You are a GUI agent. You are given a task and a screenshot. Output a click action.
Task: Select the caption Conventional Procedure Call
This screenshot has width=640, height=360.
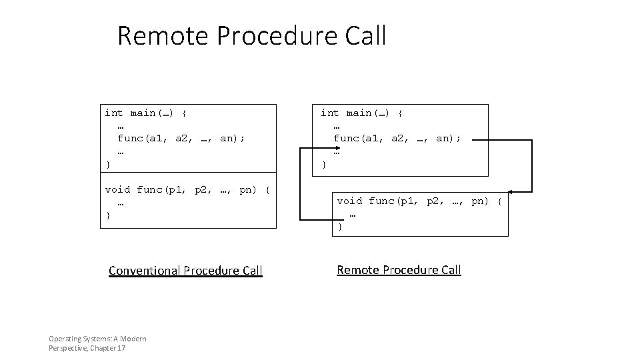[185, 271]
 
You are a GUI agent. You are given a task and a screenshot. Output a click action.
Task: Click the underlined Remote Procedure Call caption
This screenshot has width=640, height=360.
[399, 270]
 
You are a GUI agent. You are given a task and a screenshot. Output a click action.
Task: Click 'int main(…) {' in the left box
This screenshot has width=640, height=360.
[145, 113]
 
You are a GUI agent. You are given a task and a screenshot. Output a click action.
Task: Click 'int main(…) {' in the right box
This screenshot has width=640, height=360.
[361, 113]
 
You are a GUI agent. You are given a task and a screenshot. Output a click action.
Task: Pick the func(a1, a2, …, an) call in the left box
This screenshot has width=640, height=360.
[181, 139]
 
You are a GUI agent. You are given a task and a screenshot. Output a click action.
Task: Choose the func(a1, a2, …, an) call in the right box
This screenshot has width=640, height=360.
[397, 139]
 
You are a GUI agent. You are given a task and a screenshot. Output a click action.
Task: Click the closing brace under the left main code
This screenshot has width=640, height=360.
[108, 164]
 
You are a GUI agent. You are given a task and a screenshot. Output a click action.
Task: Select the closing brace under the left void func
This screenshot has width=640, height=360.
[108, 215]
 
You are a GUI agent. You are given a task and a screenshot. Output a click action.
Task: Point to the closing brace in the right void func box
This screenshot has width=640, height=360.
[340, 227]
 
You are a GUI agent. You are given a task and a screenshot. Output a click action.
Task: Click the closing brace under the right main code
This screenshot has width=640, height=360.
[324, 164]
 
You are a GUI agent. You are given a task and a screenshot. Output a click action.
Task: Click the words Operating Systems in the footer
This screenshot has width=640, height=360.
[79, 339]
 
